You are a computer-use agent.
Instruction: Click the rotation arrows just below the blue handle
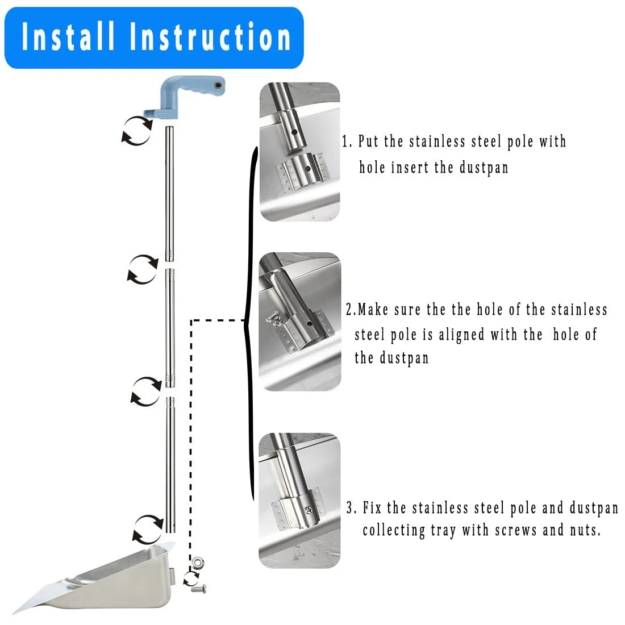coord(137,130)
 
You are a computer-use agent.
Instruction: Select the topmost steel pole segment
coord(169,193)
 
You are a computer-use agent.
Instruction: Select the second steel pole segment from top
coord(170,327)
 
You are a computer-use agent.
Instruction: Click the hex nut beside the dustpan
coord(199,564)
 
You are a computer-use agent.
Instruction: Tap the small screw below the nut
coord(200,589)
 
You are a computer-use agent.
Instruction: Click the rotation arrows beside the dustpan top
coord(147,528)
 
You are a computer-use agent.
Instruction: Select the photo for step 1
coord(299,152)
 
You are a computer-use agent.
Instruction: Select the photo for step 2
coord(299,322)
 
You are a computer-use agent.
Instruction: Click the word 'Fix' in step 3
coord(372,507)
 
